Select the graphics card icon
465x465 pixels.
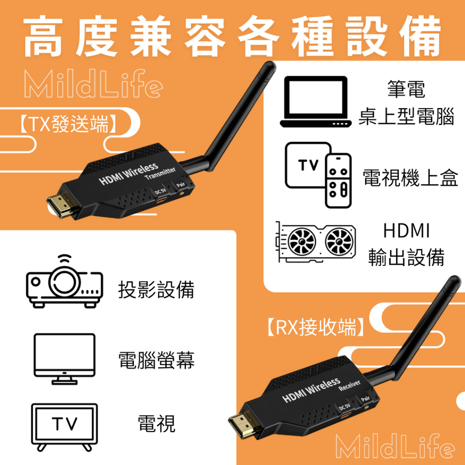pyautogui.click(x=316, y=242)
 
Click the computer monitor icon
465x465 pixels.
pyautogui.click(x=64, y=359)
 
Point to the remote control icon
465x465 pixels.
pyautogui.click(x=338, y=181)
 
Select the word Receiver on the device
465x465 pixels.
pyautogui.click(x=350, y=386)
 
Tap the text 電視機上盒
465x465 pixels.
pyautogui.click(x=411, y=178)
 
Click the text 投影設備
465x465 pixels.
pyautogui.click(x=156, y=289)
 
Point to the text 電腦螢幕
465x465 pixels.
pyautogui.click(x=156, y=360)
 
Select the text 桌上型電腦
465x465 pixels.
pyautogui.click(x=406, y=117)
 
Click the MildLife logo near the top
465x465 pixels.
pyautogui.click(x=94, y=84)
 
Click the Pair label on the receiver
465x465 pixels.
pyautogui.click(x=365, y=399)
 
